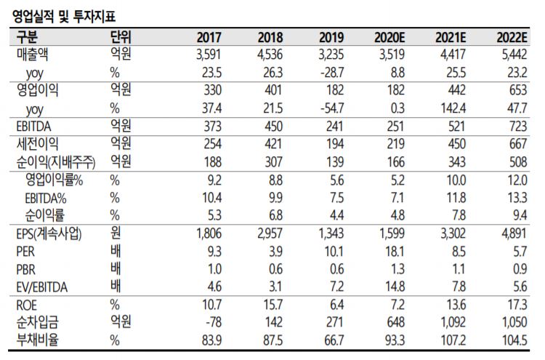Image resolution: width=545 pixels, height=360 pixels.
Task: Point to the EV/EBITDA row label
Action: pos(42,287)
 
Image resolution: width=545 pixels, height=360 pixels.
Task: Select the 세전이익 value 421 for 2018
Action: pos(272,144)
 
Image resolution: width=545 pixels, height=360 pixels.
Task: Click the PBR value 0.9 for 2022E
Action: pos(517,270)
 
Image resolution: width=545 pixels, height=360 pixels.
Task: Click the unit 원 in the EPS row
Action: pos(114,234)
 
